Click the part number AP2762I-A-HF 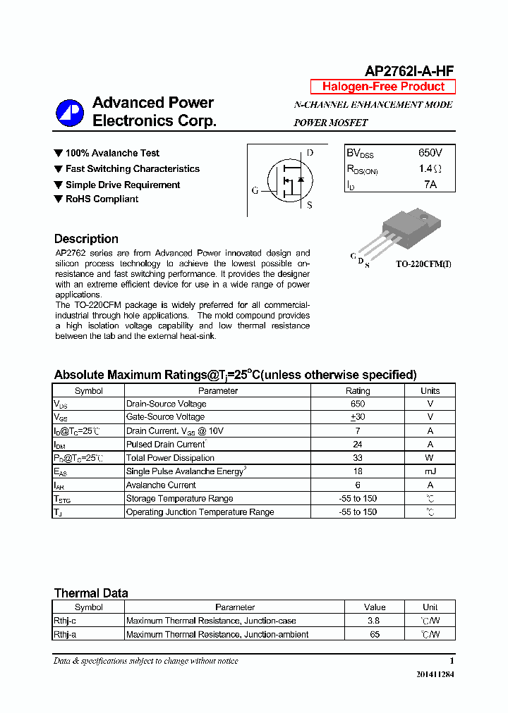pos(409,70)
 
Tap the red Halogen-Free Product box pos(383,87)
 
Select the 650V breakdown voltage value pos(430,153)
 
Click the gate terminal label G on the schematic pos(255,190)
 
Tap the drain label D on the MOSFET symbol pos(310,153)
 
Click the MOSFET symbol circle pos(288,181)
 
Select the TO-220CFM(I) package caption pos(423,264)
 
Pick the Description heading pos(86,239)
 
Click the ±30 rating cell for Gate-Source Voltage pos(357,417)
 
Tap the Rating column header pos(357,390)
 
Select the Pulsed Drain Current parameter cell pos(167,445)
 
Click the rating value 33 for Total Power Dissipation pos(357,458)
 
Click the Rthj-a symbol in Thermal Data pos(65,634)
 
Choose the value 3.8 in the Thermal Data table pos(374,621)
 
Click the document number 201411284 pos(435,675)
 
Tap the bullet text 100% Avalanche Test pos(112,153)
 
